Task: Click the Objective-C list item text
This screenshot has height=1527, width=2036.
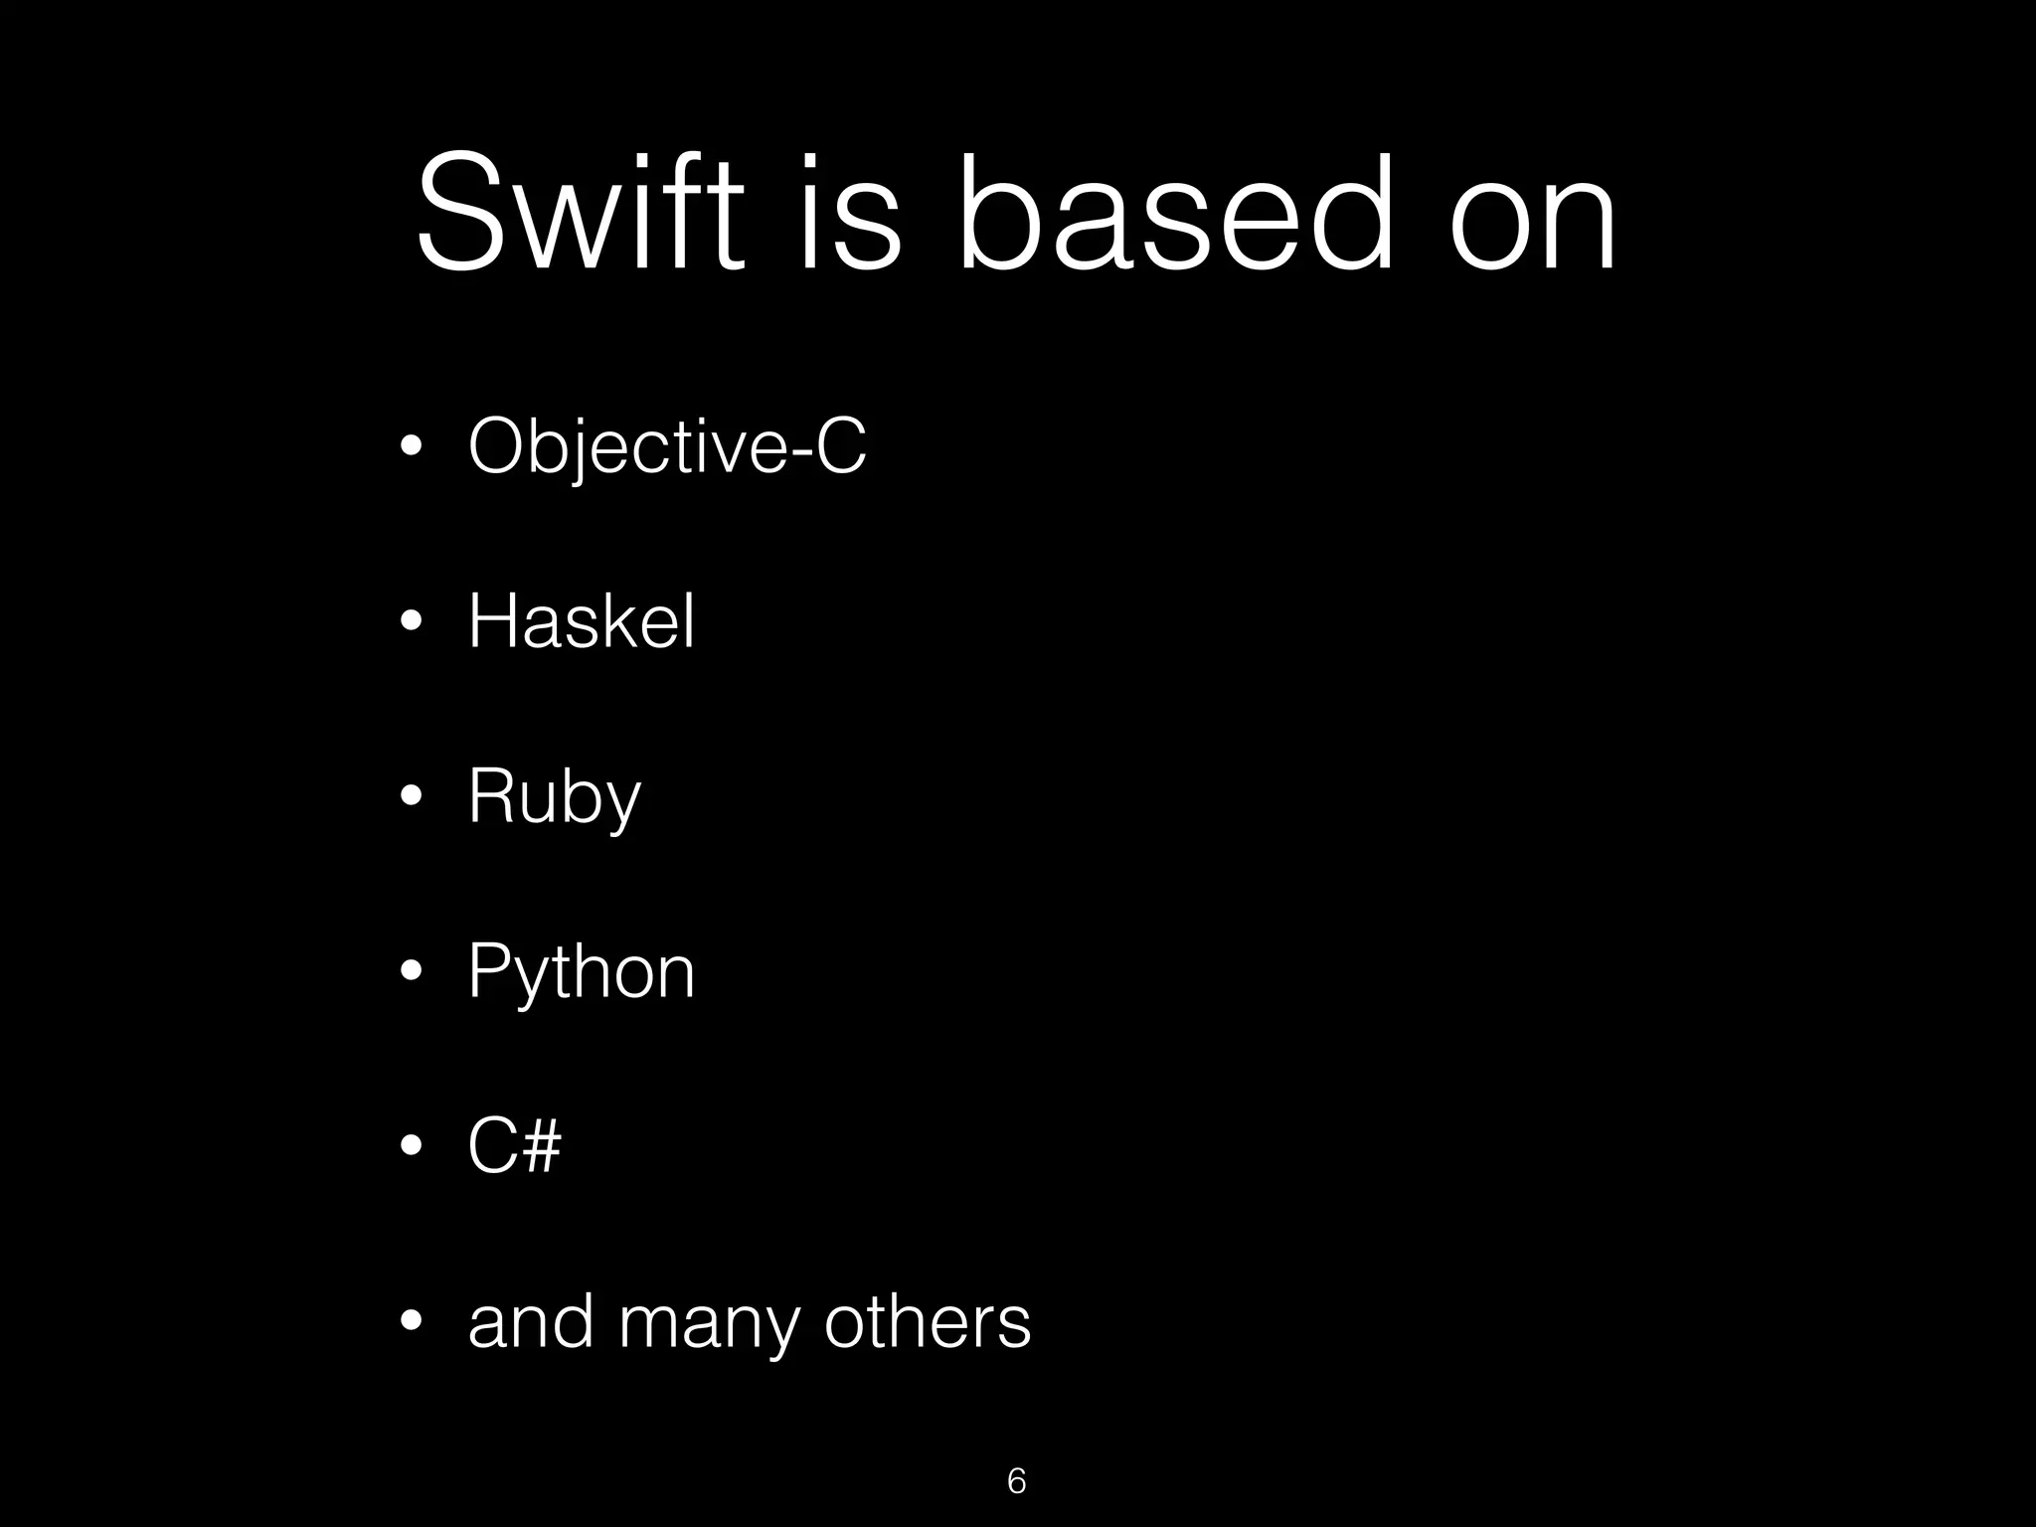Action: [667, 447]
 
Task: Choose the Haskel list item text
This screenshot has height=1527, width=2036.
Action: [582, 621]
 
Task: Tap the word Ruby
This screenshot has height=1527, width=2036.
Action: [555, 796]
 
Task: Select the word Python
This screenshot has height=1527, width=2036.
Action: [582, 972]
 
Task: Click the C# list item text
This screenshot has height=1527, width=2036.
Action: [514, 1145]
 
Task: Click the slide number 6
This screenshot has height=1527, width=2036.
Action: [1016, 1480]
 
